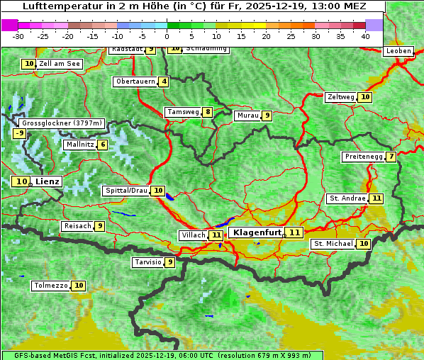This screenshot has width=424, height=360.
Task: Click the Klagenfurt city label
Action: pos(257,232)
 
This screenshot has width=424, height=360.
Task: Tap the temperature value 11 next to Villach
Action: pos(216,235)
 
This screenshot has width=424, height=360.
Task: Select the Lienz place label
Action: pos(48,181)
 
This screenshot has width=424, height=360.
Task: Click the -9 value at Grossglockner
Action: pos(20,133)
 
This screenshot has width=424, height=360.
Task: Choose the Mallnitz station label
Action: pos(79,145)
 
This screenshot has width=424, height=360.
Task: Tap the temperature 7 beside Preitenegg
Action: pos(391,157)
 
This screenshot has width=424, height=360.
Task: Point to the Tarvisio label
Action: pos(148,262)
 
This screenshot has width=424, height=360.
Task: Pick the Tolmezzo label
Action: pos(51,286)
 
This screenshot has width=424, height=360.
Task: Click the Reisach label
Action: pos(77,226)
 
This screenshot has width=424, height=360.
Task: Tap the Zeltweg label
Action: pos(340,97)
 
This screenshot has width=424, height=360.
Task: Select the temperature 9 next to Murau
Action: pos(267,116)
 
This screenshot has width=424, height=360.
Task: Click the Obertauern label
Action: pos(135,81)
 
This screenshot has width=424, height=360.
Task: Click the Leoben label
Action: pos(398,51)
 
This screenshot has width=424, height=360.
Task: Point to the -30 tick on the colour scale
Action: pos(18,35)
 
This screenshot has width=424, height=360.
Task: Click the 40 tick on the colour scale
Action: pos(365,35)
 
